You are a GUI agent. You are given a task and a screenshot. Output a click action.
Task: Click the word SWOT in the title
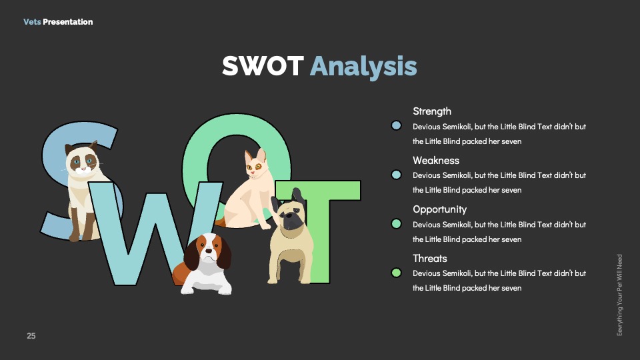click(x=263, y=66)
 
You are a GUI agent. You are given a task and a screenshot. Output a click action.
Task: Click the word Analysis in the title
click(x=363, y=67)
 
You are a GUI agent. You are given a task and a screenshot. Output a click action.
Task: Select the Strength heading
click(x=432, y=111)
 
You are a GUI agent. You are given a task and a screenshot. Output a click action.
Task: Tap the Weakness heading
click(x=436, y=161)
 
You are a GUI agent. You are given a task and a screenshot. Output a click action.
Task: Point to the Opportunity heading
click(x=439, y=210)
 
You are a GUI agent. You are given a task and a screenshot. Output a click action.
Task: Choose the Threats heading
click(x=430, y=259)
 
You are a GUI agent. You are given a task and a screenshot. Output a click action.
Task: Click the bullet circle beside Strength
click(x=396, y=125)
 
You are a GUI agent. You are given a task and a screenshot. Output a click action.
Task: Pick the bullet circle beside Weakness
click(x=396, y=175)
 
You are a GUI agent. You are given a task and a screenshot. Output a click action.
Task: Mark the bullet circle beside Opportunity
click(x=396, y=224)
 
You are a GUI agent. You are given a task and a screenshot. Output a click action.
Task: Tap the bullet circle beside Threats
click(x=396, y=273)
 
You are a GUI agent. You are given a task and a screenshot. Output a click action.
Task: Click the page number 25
click(x=31, y=336)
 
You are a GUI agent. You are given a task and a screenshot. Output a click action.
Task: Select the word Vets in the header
click(x=32, y=21)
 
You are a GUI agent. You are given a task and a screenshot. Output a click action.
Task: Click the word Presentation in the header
click(x=68, y=21)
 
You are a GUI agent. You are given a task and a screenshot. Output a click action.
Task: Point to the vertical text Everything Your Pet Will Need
click(x=619, y=295)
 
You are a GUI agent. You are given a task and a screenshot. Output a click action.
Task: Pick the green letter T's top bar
click(x=317, y=190)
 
